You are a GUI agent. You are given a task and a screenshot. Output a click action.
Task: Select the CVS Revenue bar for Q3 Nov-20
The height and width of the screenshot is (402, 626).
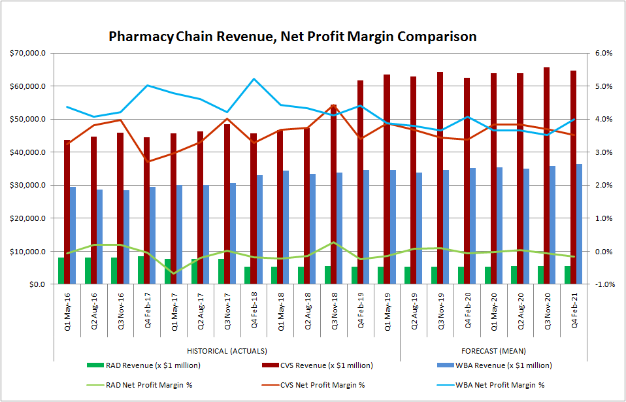pyautogui.click(x=546, y=176)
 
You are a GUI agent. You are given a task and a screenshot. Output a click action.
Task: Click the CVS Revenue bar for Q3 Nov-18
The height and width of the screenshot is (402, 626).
pyautogui.click(x=333, y=194)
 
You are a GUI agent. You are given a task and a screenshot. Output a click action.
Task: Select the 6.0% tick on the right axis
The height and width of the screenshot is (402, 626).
pyautogui.click(x=602, y=53)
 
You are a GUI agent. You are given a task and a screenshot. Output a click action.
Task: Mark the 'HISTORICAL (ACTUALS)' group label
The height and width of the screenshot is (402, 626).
pyautogui.click(x=227, y=351)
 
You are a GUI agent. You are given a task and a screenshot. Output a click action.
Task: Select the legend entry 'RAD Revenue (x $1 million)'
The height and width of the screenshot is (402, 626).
pyautogui.click(x=148, y=365)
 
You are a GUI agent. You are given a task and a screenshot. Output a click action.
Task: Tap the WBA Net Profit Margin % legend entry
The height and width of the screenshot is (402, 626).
pyautogui.click(x=499, y=384)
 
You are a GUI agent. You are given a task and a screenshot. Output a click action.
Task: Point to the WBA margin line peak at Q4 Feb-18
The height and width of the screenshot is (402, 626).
pyautogui.click(x=254, y=79)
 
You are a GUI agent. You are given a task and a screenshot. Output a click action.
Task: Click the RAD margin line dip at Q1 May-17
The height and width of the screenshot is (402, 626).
pyautogui.click(x=173, y=273)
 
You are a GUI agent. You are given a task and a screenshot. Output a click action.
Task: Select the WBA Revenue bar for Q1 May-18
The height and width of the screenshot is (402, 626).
pyautogui.click(x=286, y=227)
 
